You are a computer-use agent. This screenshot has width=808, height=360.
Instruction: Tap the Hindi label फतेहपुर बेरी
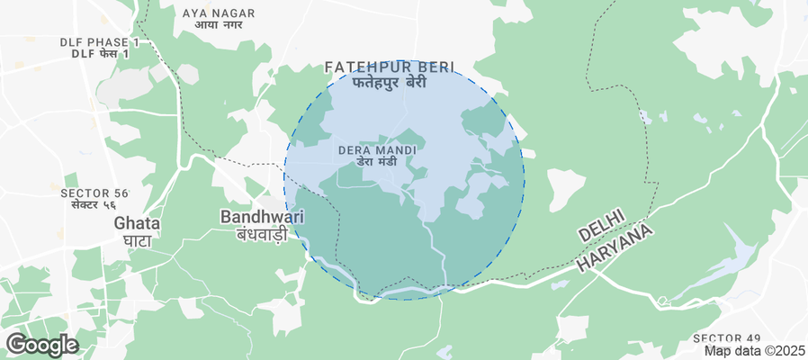(x=389, y=83)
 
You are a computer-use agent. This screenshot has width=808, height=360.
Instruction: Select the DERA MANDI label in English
(x=376, y=149)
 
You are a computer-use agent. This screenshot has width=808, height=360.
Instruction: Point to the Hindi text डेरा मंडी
(x=376, y=162)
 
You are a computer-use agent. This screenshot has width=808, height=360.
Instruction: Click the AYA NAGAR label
(x=219, y=13)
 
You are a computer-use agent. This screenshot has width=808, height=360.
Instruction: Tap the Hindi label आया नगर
(x=219, y=25)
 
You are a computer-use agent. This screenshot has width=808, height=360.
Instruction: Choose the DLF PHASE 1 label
(x=99, y=42)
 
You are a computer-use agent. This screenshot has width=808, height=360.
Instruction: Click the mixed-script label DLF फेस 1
(x=99, y=54)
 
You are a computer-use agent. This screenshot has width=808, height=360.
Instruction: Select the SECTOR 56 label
(x=94, y=193)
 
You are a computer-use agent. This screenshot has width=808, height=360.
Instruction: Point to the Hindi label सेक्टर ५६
(x=94, y=206)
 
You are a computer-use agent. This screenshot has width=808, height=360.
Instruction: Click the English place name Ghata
(x=137, y=223)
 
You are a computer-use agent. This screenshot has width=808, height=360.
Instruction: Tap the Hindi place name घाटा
(x=137, y=239)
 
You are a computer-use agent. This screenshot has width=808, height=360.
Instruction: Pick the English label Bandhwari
(x=262, y=217)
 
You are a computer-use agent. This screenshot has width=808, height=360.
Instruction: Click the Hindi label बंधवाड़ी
(x=262, y=234)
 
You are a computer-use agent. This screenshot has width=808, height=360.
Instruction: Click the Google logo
(x=41, y=344)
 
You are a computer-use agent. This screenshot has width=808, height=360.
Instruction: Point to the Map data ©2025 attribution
(x=754, y=351)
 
